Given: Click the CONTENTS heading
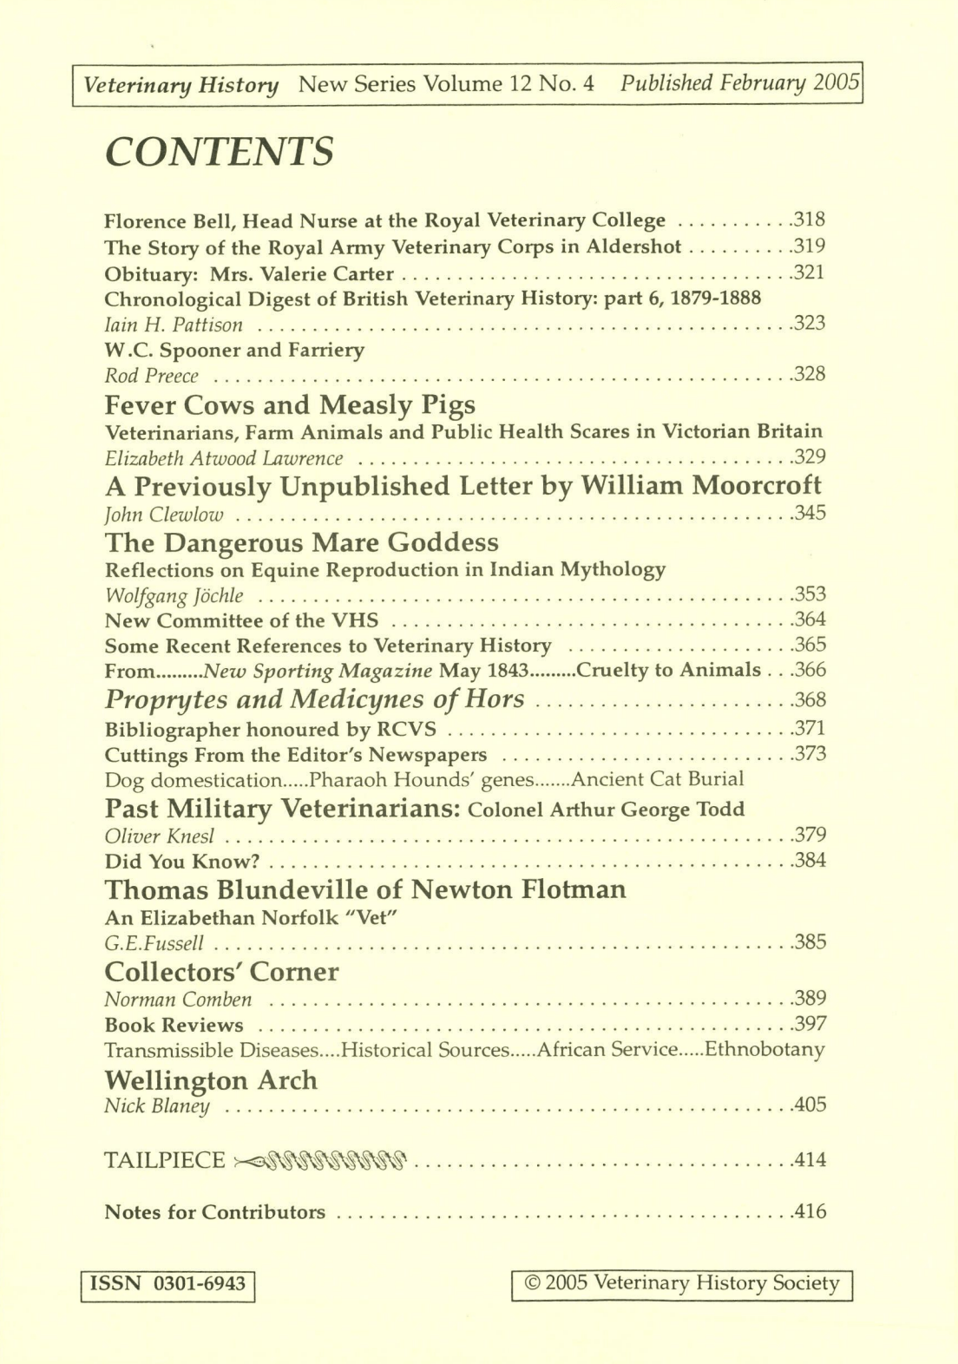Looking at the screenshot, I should point(219,153).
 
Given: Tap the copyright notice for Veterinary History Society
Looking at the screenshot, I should point(683,1284).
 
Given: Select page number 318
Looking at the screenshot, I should point(810,220).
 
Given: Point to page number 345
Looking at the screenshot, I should point(810,513).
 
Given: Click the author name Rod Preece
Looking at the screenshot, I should point(151,376).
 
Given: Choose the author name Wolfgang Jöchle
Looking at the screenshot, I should point(174,595).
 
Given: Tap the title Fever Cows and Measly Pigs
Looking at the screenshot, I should point(290,404).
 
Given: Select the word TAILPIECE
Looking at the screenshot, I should point(164,1160).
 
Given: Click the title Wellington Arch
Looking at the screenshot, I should point(211,1080).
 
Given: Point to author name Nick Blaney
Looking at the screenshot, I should point(156,1106).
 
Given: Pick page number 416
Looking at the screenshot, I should point(810,1211).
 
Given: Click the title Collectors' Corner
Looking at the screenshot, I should point(221,971).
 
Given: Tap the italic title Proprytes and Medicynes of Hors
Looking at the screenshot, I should point(314,698).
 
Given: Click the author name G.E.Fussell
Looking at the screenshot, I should point(154,943).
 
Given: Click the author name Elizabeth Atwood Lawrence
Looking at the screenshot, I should point(223,458).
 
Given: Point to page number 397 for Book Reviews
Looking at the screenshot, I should point(810,1025).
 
